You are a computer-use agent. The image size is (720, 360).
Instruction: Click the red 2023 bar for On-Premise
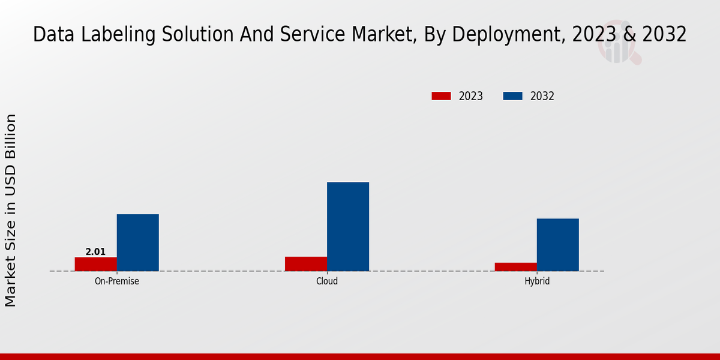(96, 264)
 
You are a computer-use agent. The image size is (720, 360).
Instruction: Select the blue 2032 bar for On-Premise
(138, 242)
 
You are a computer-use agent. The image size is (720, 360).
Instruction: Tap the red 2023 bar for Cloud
(306, 264)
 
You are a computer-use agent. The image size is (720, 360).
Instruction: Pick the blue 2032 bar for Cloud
(348, 226)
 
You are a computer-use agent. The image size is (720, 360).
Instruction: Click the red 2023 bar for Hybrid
(516, 267)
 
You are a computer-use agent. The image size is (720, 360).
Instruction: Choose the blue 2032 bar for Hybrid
(558, 245)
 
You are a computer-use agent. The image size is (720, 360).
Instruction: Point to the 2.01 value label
(95, 252)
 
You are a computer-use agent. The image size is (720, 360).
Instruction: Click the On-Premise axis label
(117, 281)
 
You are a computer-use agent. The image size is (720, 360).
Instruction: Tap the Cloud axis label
(327, 281)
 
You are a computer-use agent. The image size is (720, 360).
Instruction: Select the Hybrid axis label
(537, 281)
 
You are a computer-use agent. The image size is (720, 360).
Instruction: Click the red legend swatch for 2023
(441, 96)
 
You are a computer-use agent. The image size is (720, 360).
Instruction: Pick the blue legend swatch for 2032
(512, 96)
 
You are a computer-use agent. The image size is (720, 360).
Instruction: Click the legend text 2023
(471, 96)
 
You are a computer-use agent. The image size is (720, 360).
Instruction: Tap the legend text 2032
(542, 96)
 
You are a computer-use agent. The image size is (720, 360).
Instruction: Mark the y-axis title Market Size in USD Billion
(11, 210)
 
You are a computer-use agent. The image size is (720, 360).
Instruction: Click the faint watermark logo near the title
(618, 48)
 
